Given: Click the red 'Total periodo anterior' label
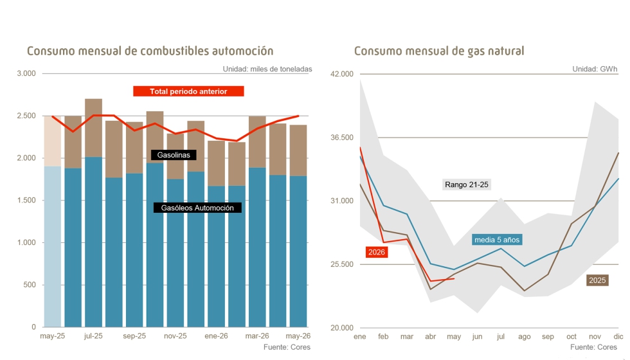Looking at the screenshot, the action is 188,91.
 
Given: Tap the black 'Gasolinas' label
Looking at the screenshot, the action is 174,155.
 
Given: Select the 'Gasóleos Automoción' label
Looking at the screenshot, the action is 197,208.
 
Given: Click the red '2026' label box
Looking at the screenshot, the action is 377,252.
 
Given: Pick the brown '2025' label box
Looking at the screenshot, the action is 597,280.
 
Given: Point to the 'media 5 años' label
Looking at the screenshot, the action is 497,240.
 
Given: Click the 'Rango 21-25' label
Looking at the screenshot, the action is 467,185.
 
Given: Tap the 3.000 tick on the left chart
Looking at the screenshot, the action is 26,73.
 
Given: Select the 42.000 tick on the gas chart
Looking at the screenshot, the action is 342,74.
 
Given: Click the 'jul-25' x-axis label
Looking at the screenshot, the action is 93,336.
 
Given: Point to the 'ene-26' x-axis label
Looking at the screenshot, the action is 216,336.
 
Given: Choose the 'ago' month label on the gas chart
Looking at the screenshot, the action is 525,337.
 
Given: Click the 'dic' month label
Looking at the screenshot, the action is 618,336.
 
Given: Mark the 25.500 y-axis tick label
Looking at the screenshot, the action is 342,264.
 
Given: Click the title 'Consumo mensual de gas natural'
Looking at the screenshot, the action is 439,51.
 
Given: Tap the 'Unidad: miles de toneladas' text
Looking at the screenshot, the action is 267,69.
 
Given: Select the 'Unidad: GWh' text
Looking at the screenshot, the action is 595,69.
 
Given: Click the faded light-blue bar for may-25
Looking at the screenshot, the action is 52,246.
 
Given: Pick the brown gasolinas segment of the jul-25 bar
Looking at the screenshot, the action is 93,128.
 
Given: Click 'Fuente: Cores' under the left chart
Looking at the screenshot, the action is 287,347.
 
